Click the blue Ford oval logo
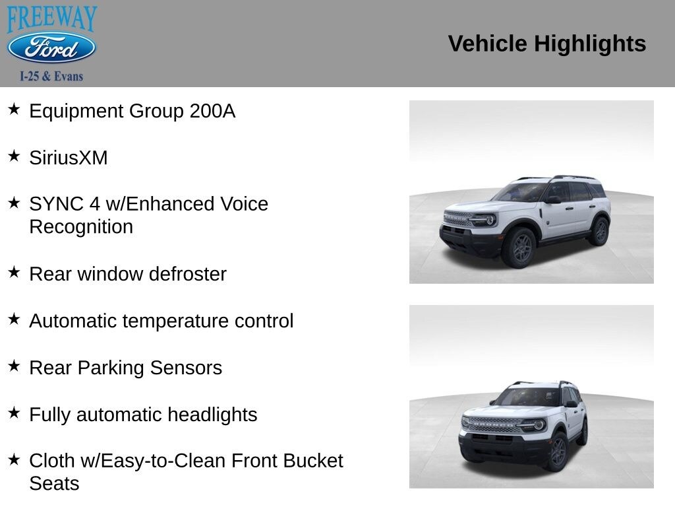pos(51,48)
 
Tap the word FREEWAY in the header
pos(51,18)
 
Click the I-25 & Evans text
pos(51,76)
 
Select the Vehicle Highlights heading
pos(546,44)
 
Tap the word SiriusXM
pos(69,158)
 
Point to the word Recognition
pos(81,226)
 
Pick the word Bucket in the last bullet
pos(313,460)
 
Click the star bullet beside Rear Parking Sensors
pos(14,366)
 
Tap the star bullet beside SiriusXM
pos(14,156)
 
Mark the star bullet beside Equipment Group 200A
pos(14,109)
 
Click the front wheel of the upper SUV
pos(519,248)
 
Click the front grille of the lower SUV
pos(491,424)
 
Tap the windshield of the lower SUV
pos(527,397)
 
